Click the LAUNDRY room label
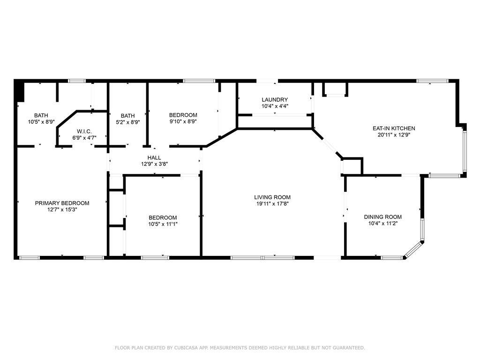(x=275, y=100)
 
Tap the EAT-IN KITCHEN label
(x=394, y=128)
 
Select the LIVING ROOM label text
(x=272, y=197)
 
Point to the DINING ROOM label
(x=382, y=217)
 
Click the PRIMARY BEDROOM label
(x=62, y=203)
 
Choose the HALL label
(x=154, y=157)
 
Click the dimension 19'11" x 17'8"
(x=272, y=204)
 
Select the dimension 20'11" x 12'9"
(x=394, y=135)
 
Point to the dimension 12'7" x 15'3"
(x=62, y=210)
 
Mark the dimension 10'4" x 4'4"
(x=275, y=106)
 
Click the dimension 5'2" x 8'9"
(x=127, y=122)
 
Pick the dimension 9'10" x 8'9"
(x=183, y=121)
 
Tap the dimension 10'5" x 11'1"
(x=163, y=224)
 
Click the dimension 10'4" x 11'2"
(x=382, y=224)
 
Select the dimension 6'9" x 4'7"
(x=84, y=138)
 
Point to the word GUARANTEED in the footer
(x=349, y=348)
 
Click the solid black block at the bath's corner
(x=19, y=91)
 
